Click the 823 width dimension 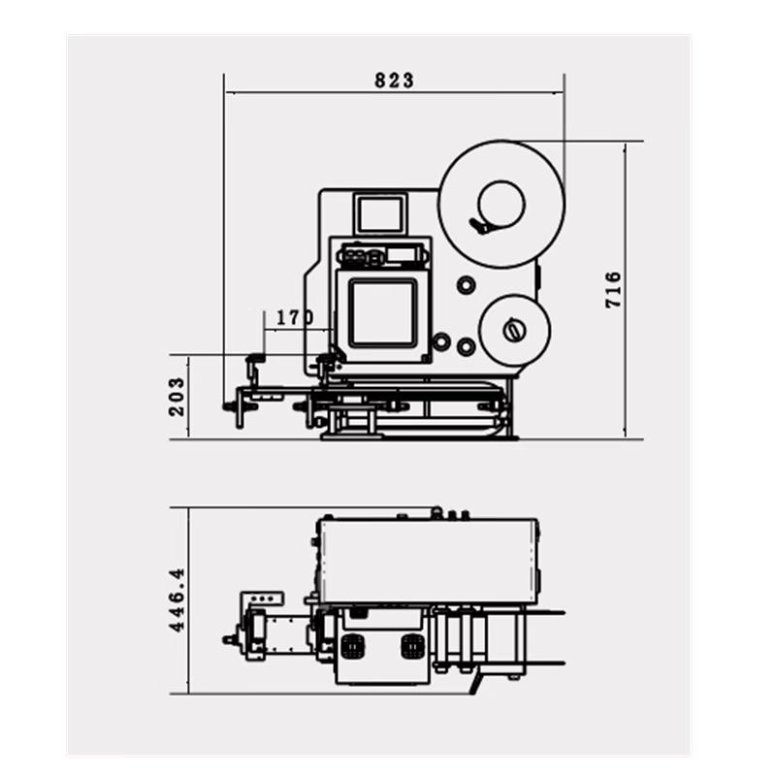tap(394, 81)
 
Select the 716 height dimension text tap(613, 289)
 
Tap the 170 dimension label tap(295, 318)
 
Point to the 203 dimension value tap(177, 397)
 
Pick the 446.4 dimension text tap(177, 599)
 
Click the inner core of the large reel tap(501, 204)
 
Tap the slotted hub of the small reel tap(514, 331)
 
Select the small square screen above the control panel tap(380, 213)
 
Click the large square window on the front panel tap(382, 312)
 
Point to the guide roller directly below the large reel tap(467, 285)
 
